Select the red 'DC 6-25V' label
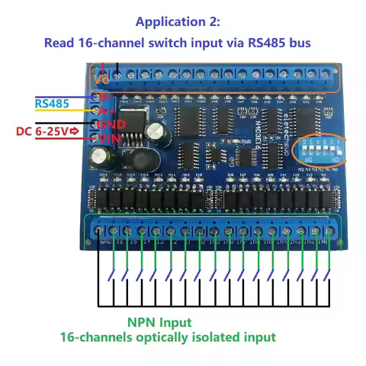[x=42, y=132]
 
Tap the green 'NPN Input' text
[x=159, y=323]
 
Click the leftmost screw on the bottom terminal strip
[x=98, y=230]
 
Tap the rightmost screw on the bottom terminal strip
[x=329, y=229]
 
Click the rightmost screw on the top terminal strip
[x=326, y=75]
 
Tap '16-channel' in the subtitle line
[x=112, y=43]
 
